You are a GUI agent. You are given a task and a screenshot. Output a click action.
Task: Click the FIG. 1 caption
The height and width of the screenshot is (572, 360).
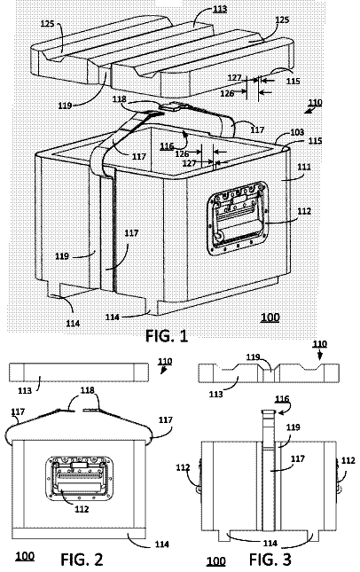pos(167,335)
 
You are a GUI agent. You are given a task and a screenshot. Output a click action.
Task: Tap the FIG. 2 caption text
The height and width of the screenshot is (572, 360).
pos(82,560)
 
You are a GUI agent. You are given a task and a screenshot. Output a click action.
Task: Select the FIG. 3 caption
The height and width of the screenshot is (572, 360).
pos(270,559)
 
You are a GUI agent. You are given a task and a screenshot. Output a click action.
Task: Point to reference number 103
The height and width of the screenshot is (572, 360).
pos(297,131)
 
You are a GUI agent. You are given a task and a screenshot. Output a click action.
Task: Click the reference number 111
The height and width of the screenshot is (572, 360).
pos(304,167)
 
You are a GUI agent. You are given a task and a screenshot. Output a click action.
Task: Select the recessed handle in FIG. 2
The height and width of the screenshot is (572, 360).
pos(80,478)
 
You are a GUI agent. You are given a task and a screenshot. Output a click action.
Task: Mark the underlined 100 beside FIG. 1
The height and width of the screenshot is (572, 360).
pos(270,317)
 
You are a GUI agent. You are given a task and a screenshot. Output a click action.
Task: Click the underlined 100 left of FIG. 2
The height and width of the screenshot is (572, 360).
pos(25,556)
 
